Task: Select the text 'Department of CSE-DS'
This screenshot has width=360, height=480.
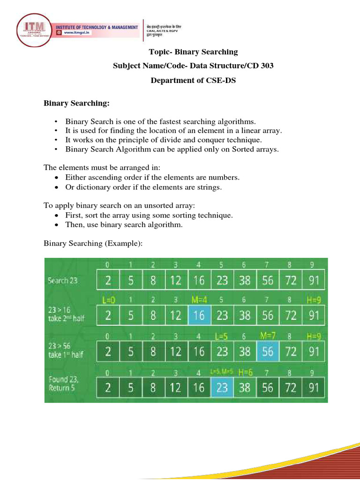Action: coord(193,80)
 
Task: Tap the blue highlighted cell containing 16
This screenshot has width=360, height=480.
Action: coord(199,315)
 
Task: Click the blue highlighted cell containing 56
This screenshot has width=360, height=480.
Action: coord(268,351)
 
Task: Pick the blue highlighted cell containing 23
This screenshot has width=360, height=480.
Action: coord(222,388)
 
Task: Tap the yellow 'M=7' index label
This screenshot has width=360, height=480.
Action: coord(268,335)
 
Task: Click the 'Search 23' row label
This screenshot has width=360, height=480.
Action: coord(63,281)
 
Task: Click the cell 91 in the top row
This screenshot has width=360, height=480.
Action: coord(314,280)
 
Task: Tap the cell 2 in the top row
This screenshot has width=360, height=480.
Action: coord(108,280)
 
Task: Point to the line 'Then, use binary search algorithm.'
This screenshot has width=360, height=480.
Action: coord(124,225)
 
